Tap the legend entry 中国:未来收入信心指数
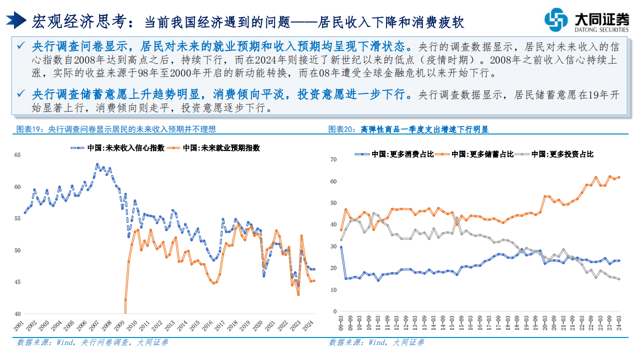point(117,148)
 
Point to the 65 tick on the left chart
point(17,155)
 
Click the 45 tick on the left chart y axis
point(17,282)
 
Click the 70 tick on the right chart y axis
point(334,159)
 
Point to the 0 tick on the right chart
point(336,311)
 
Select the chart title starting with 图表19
point(116,129)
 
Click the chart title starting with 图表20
point(408,129)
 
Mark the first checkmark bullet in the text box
point(20,46)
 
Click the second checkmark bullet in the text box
point(20,94)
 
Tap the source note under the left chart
point(92,342)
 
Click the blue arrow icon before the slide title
point(16,20)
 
